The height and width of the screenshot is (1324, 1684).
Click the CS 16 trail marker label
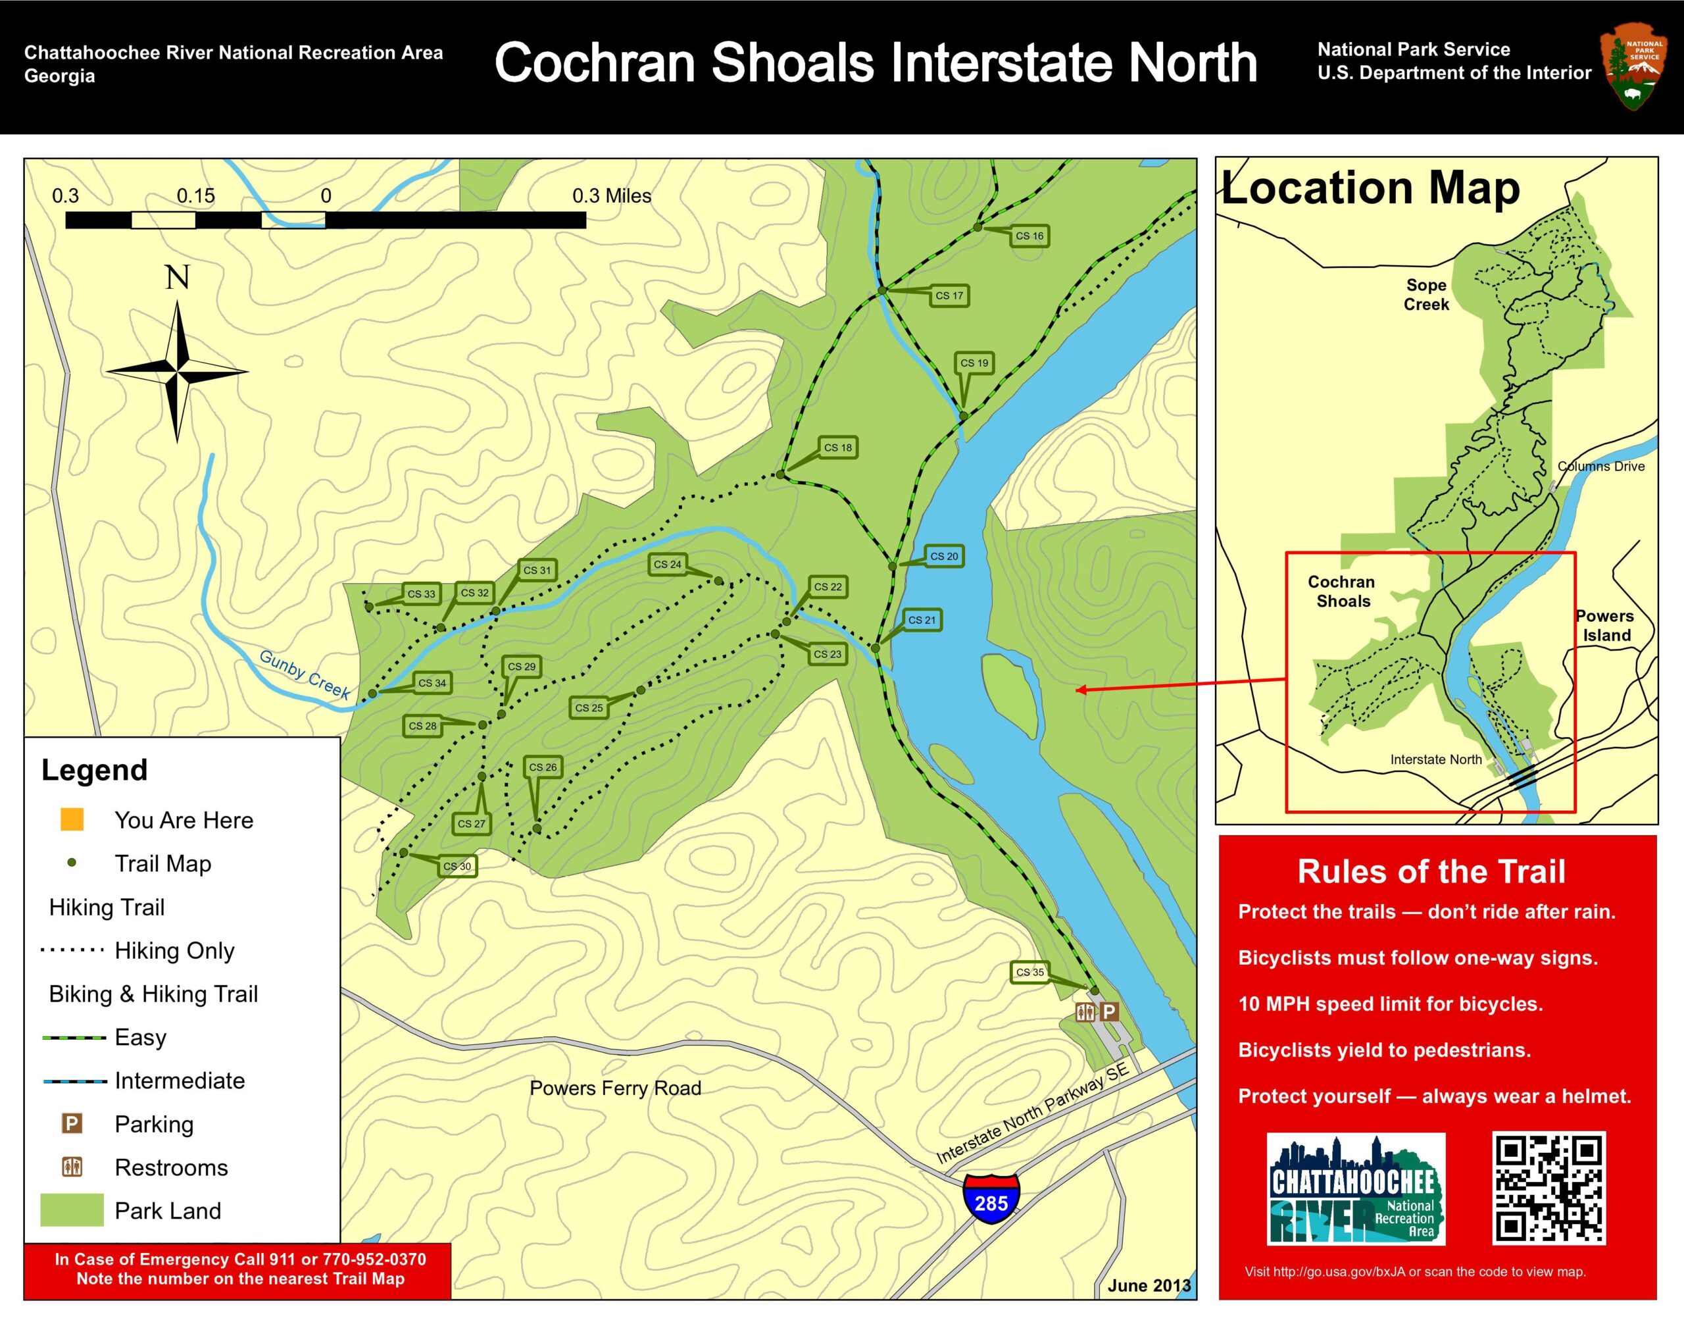click(x=1029, y=236)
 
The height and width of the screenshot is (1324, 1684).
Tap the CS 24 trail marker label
click(x=667, y=565)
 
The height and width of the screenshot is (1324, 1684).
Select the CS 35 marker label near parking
click(x=1030, y=972)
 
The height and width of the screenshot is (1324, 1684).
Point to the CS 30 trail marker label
click(x=457, y=866)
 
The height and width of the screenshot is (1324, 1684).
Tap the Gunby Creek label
click(x=305, y=674)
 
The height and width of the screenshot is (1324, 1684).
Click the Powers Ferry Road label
click(x=615, y=1088)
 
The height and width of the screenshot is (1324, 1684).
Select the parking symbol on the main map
click(x=1110, y=1011)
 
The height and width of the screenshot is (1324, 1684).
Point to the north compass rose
click(x=178, y=370)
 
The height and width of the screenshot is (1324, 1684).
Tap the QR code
click(x=1548, y=1188)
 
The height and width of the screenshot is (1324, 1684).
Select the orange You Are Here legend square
click(x=72, y=819)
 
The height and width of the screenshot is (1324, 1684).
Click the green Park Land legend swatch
click(x=72, y=1210)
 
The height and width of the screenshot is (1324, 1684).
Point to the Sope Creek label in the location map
click(x=1426, y=295)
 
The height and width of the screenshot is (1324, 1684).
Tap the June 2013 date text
click(x=1149, y=1285)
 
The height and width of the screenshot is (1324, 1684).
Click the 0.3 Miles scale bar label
click(x=612, y=196)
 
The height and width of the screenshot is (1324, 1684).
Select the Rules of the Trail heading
click(x=1431, y=871)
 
